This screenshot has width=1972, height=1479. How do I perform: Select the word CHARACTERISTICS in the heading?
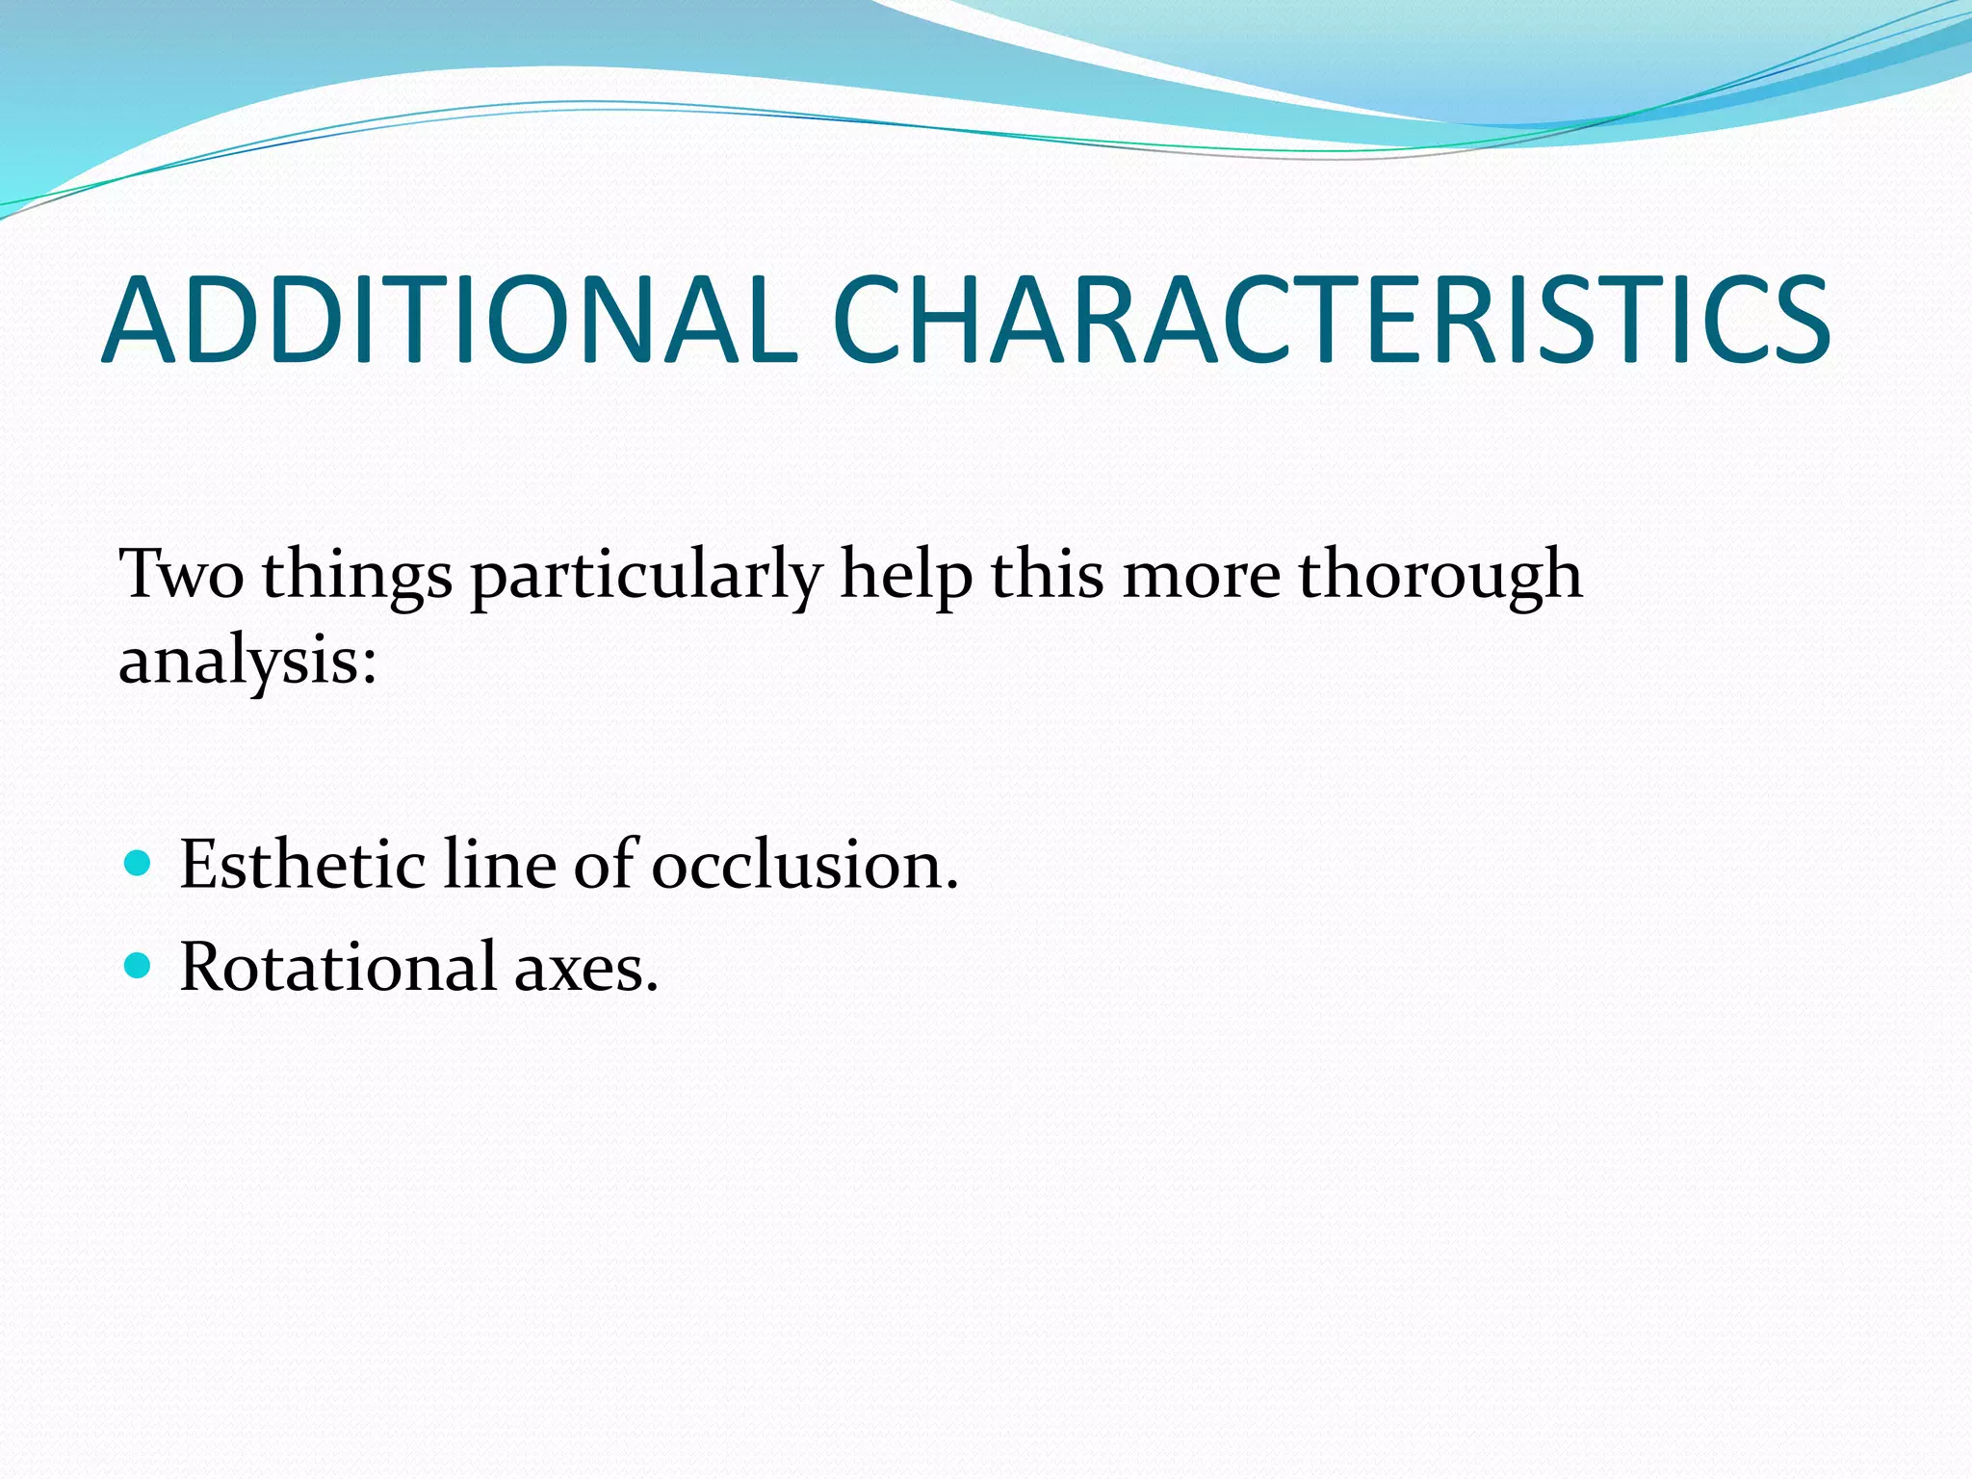[x=1332, y=321]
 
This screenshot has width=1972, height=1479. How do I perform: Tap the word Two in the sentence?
[x=180, y=575]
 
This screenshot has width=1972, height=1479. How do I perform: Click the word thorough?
[x=1440, y=575]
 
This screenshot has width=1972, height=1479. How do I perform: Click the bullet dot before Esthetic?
[x=139, y=862]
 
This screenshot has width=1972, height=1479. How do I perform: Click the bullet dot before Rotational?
[x=139, y=965]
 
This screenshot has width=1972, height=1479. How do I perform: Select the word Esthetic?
[x=302, y=864]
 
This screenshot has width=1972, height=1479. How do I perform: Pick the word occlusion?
[x=804, y=864]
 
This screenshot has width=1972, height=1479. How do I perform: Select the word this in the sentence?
[x=1047, y=575]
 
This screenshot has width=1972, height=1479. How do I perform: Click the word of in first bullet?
[x=605, y=864]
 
